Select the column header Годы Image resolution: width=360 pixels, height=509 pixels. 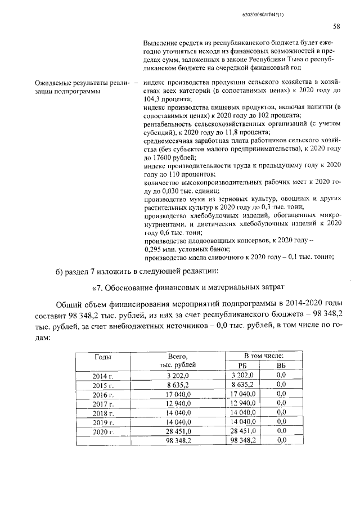(x=103, y=357)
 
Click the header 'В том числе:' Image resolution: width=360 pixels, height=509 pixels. (x=263, y=356)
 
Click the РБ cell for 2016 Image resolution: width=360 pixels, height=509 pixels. (x=242, y=395)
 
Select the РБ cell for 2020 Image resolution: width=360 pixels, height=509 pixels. (x=242, y=431)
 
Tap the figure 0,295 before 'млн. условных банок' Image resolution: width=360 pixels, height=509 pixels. (x=154, y=248)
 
